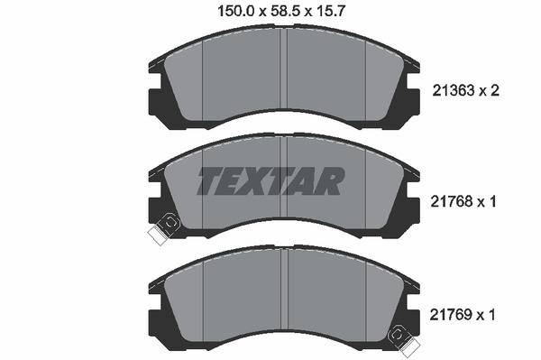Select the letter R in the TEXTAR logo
click(x=326, y=181)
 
